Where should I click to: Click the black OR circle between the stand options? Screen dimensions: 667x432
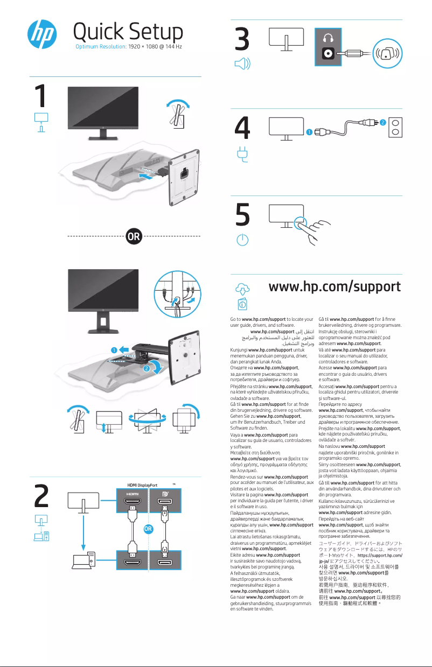point(134,236)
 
